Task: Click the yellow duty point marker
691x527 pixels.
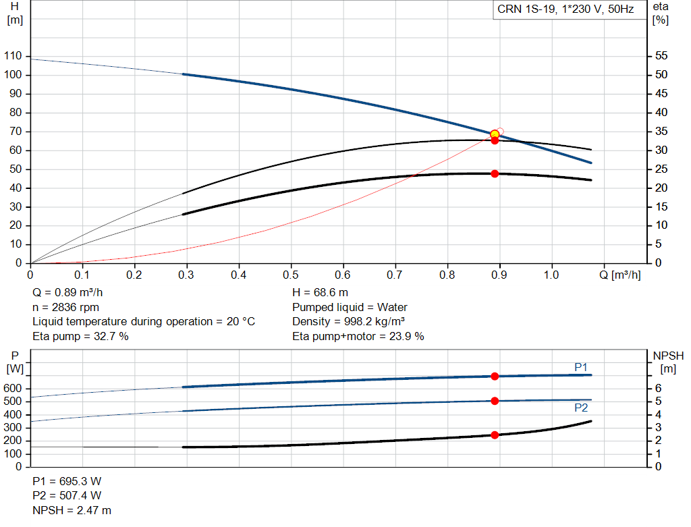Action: [x=495, y=134]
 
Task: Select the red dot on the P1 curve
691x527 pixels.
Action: [x=495, y=376]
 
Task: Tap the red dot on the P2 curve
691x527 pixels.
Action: [x=495, y=401]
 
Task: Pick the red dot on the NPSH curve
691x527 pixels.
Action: [x=495, y=435]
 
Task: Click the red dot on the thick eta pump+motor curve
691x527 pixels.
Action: [x=495, y=173]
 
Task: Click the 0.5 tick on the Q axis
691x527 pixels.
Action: [x=291, y=275]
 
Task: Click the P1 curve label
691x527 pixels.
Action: [x=581, y=366]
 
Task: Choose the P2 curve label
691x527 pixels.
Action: [x=581, y=408]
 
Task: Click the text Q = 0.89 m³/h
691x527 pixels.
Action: [x=68, y=293]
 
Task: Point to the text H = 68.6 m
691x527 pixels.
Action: [x=321, y=293]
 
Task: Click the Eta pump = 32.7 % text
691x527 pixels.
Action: [x=80, y=336]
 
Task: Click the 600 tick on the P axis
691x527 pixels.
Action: [x=13, y=389]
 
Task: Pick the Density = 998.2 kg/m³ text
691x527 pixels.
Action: [x=349, y=322]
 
